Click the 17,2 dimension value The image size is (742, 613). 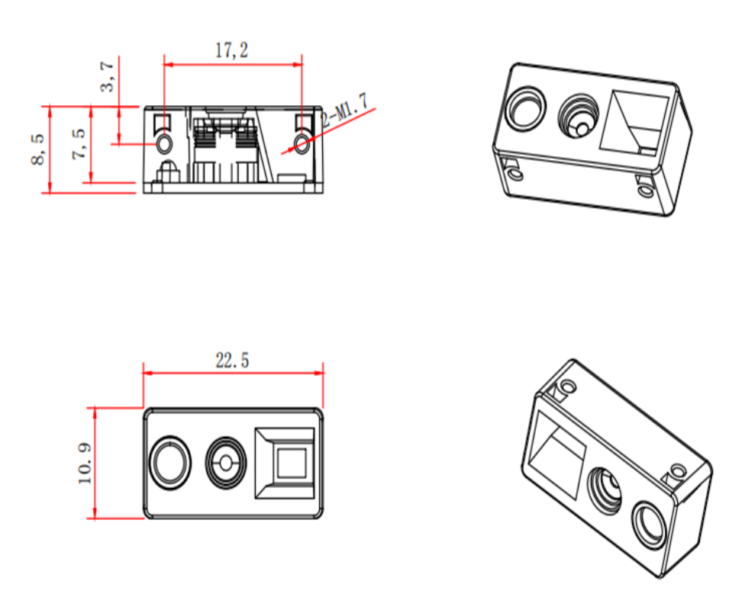click(231, 51)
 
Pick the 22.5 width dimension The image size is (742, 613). click(231, 361)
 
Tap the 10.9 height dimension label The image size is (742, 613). click(84, 464)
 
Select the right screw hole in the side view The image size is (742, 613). click(303, 143)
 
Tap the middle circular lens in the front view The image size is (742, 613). click(227, 463)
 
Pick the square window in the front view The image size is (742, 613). click(291, 463)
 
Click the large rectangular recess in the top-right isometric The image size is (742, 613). click(634, 122)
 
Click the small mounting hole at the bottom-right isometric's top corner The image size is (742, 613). click(568, 387)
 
